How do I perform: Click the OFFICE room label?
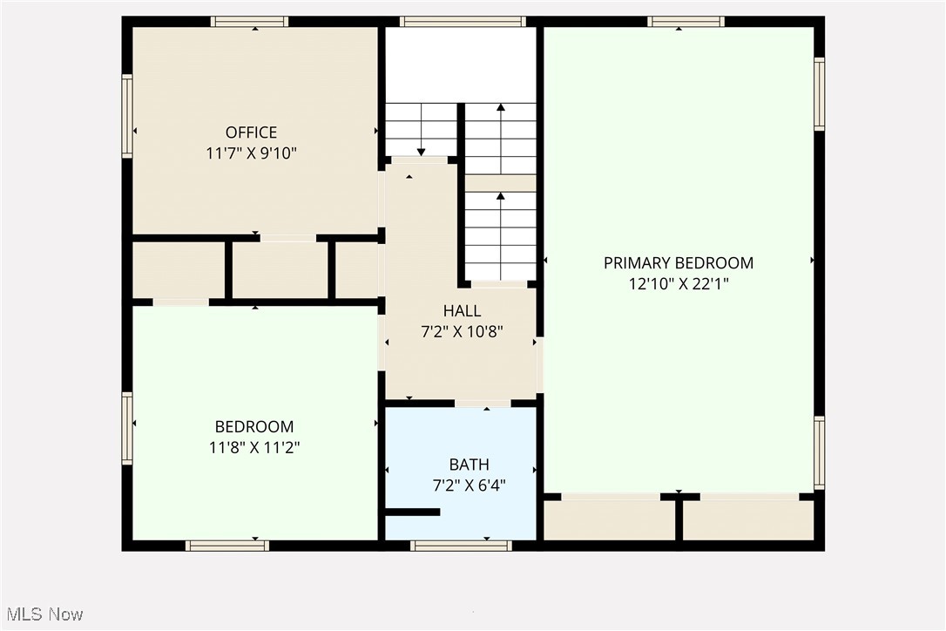tap(251, 132)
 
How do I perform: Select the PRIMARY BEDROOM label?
tap(679, 262)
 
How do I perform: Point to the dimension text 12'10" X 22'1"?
tap(679, 283)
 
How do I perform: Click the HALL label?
tap(462, 310)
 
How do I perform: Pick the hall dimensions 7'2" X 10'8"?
tap(462, 331)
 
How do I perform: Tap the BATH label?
tap(469, 465)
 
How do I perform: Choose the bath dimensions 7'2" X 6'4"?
tap(469, 485)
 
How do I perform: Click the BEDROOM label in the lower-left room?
tap(254, 426)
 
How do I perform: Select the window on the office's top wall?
tap(249, 22)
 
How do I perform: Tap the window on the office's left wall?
tap(127, 116)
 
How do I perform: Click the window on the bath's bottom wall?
tap(460, 546)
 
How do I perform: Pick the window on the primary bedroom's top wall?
tap(686, 22)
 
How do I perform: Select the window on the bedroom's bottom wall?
tap(226, 546)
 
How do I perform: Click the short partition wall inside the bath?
tap(413, 512)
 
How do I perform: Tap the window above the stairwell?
tap(463, 22)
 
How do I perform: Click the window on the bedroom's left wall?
tap(127, 428)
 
